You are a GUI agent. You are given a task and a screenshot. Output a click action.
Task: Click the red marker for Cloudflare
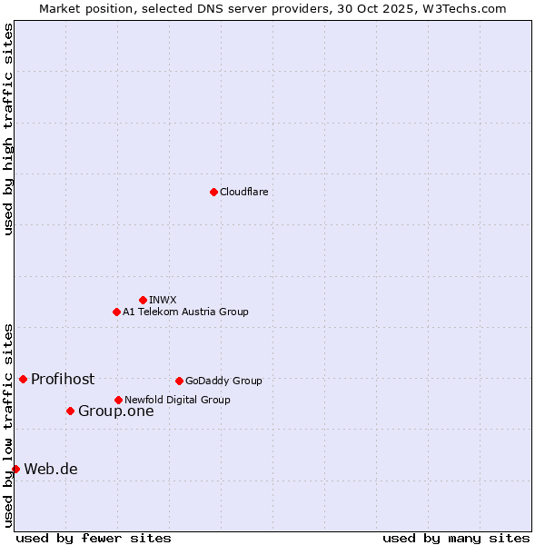point(213,192)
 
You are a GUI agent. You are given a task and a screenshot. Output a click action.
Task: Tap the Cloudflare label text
point(243,192)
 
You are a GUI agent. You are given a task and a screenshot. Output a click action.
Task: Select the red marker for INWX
point(143,300)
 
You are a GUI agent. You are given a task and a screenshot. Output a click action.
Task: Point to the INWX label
point(163,300)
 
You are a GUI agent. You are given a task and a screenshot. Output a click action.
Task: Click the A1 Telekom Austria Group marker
point(116,312)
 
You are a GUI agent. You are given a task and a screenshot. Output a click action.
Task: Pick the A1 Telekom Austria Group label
point(185,312)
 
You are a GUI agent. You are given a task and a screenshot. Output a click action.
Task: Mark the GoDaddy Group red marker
point(179,381)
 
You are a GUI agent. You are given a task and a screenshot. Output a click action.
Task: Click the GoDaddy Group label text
point(223,381)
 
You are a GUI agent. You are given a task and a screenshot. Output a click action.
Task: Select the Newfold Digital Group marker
point(118,400)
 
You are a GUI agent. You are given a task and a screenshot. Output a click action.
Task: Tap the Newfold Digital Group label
point(177,400)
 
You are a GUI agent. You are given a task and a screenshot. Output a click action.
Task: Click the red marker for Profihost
point(23,379)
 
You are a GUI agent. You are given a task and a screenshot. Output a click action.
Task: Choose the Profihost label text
point(63,379)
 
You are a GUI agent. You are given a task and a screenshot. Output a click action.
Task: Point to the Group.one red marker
point(70,411)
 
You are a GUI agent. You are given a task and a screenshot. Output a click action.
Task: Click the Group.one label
point(116,411)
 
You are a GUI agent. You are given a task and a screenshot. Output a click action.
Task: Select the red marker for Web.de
point(15,469)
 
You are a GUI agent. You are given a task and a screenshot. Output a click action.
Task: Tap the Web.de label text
point(51,469)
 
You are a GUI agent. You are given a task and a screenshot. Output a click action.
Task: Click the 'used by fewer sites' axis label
point(94,538)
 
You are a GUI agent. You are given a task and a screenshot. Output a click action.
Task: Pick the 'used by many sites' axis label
point(456,538)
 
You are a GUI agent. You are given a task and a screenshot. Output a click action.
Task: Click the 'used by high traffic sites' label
point(8,129)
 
